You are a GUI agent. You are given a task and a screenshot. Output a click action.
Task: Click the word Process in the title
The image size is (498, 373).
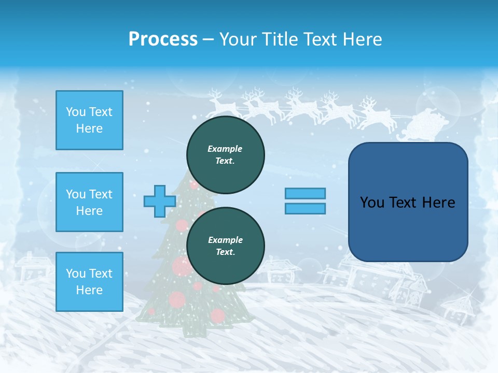tap(163, 39)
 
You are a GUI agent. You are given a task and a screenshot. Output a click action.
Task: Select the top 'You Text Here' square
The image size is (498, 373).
tap(89, 120)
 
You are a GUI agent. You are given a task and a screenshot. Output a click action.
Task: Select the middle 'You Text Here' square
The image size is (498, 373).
tap(89, 202)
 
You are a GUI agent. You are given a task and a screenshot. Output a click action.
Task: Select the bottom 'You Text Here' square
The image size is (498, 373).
tap(89, 282)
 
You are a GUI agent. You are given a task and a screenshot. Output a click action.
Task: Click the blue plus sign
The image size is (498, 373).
tap(160, 202)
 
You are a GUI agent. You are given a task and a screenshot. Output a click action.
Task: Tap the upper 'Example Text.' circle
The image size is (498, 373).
tap(226, 154)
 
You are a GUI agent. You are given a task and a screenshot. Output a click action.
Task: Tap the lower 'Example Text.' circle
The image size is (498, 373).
tap(226, 246)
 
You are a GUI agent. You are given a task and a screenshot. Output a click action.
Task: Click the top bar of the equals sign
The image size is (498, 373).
tap(305, 194)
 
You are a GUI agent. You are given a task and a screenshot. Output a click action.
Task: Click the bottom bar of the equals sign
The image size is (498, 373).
tap(305, 208)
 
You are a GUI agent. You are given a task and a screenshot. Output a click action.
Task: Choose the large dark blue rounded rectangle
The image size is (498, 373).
tap(408, 202)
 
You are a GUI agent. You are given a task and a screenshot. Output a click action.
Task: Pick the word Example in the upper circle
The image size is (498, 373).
tap(225, 149)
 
